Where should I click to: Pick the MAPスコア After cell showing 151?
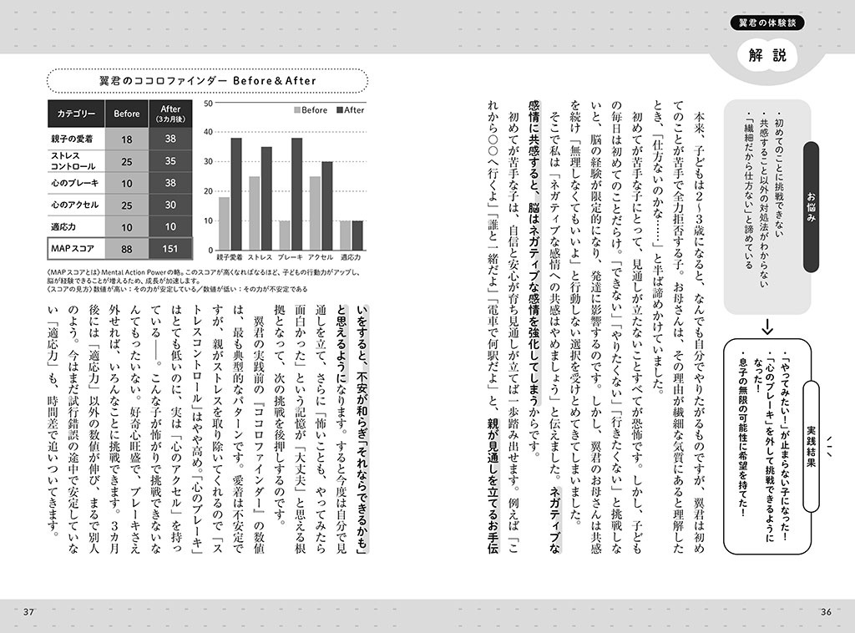click(170, 247)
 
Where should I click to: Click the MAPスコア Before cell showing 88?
click(127, 247)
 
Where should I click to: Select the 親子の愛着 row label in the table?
click(75, 139)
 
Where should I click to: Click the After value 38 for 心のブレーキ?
click(170, 183)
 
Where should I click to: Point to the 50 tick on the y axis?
click(208, 104)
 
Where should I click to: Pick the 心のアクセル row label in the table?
click(75, 205)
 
